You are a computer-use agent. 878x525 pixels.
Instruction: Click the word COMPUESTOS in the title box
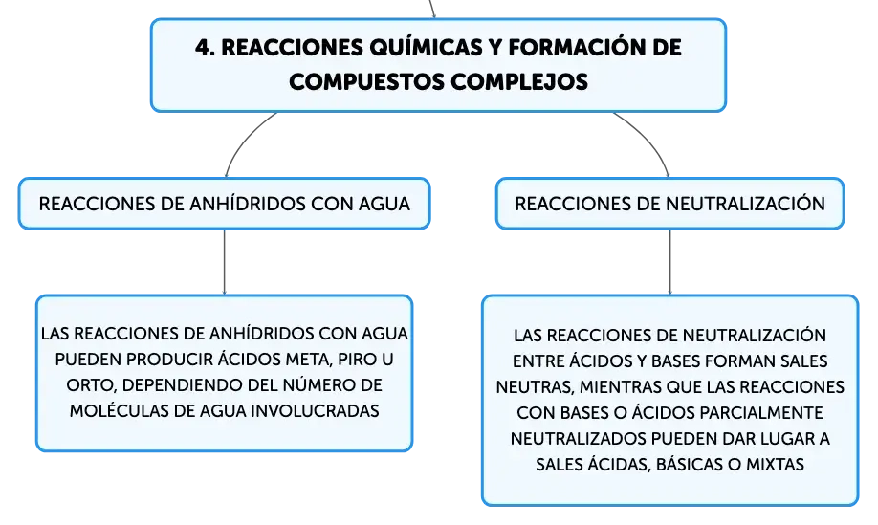(366, 81)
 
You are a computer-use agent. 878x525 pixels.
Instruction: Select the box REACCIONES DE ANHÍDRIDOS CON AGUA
(224, 204)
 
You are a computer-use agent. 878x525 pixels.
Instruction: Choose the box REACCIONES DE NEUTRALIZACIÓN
(669, 204)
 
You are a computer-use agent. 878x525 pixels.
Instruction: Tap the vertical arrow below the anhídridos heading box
(224, 262)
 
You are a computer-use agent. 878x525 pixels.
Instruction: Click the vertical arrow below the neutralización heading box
(669, 262)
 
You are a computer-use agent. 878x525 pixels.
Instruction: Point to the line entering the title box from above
(431, 9)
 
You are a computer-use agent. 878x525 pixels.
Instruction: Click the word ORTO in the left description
(91, 385)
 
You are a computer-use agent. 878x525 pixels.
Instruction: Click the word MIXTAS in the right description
(775, 465)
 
